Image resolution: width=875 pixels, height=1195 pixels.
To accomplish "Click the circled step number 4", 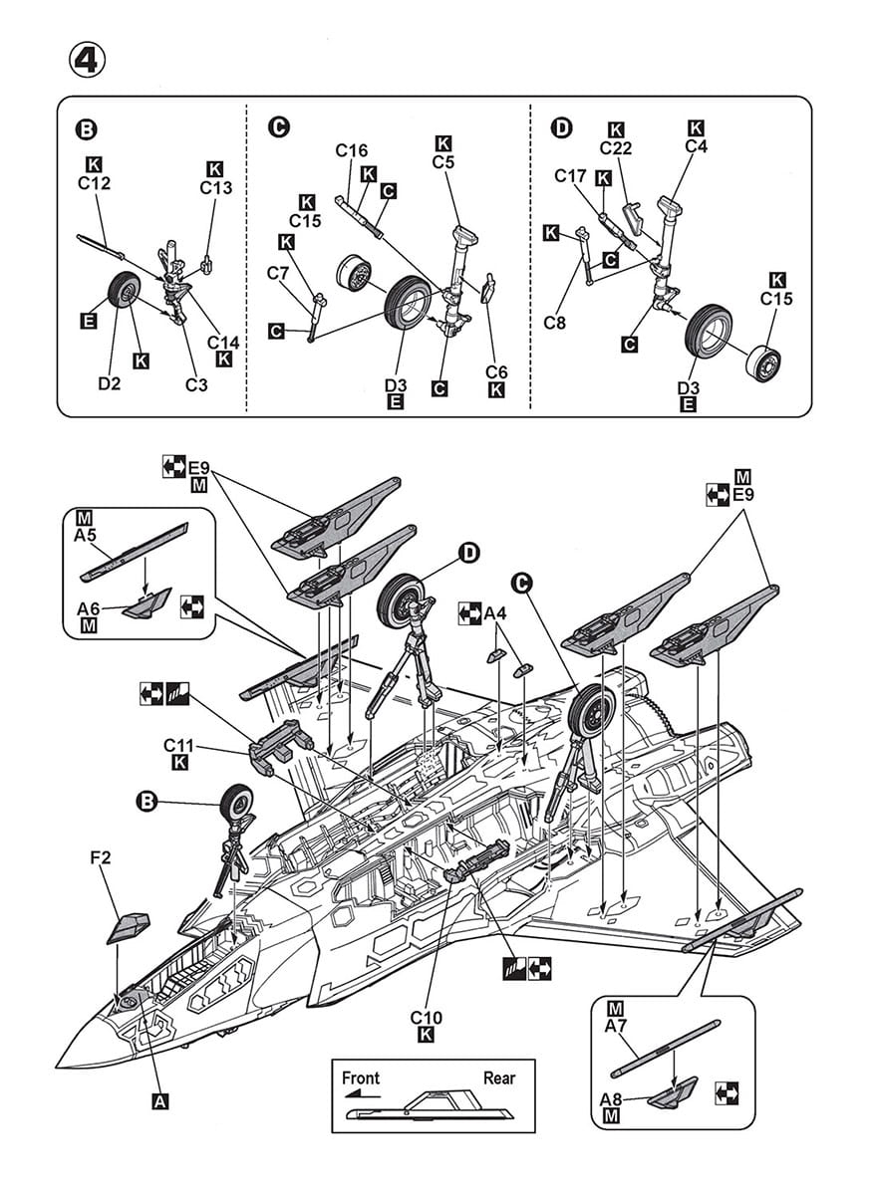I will pyautogui.click(x=87, y=59).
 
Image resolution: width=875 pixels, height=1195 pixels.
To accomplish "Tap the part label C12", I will pyautogui.click(x=94, y=183).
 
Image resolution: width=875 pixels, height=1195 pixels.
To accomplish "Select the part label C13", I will pyautogui.click(x=215, y=187).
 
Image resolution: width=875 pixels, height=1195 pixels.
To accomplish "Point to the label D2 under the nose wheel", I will pyautogui.click(x=109, y=382).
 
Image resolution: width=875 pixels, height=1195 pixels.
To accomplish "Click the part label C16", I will pyautogui.click(x=352, y=150).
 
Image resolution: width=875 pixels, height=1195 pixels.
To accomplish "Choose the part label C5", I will pyautogui.click(x=443, y=161).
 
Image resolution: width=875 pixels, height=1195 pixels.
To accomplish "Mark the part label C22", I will pyautogui.click(x=617, y=148).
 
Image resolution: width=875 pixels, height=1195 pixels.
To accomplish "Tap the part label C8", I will pyautogui.click(x=556, y=323).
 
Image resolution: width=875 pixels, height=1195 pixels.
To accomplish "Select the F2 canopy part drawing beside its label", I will pyautogui.click(x=131, y=927).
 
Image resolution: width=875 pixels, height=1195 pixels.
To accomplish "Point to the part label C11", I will pyautogui.click(x=178, y=744).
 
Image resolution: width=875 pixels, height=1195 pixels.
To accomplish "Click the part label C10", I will pyautogui.click(x=426, y=1018).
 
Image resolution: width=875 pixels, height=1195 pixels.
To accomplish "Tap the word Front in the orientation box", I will pyautogui.click(x=360, y=1077).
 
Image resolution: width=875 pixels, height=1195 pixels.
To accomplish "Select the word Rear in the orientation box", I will pyautogui.click(x=499, y=1077).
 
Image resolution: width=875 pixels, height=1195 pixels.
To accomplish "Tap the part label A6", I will pyautogui.click(x=89, y=608).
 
